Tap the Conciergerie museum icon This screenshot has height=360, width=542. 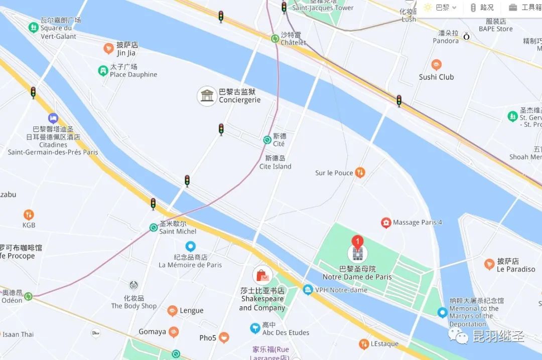tap(207, 95)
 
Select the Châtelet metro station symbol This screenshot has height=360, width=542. tap(275, 38)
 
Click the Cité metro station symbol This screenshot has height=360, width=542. tap(267, 140)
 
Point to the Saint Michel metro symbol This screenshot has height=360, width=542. tap(154, 227)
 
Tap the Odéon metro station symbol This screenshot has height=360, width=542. tap(28, 296)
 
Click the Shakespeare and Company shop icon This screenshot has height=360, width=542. tap(262, 275)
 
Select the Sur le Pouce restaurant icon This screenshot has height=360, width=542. tap(360, 173)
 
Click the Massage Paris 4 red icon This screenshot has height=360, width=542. tap(385, 223)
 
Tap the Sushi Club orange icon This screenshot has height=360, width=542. tap(436, 65)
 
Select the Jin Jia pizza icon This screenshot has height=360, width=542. tap(108, 48)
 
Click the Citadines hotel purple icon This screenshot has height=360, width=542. tap(53, 118)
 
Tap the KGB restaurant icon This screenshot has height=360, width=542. tap(29, 215)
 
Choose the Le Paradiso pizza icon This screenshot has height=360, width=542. tap(489, 264)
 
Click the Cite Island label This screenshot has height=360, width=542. tap(275, 162)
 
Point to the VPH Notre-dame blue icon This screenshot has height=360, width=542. tap(308, 290)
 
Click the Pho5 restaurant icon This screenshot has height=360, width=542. tap(224, 337)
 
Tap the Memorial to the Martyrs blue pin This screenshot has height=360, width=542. tap(442, 312)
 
